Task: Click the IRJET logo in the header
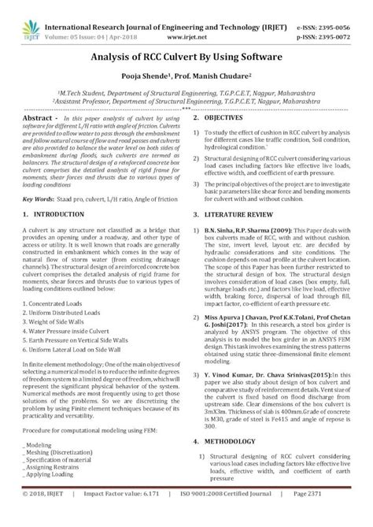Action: point(21,16)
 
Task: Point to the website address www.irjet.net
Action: point(186,24)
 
